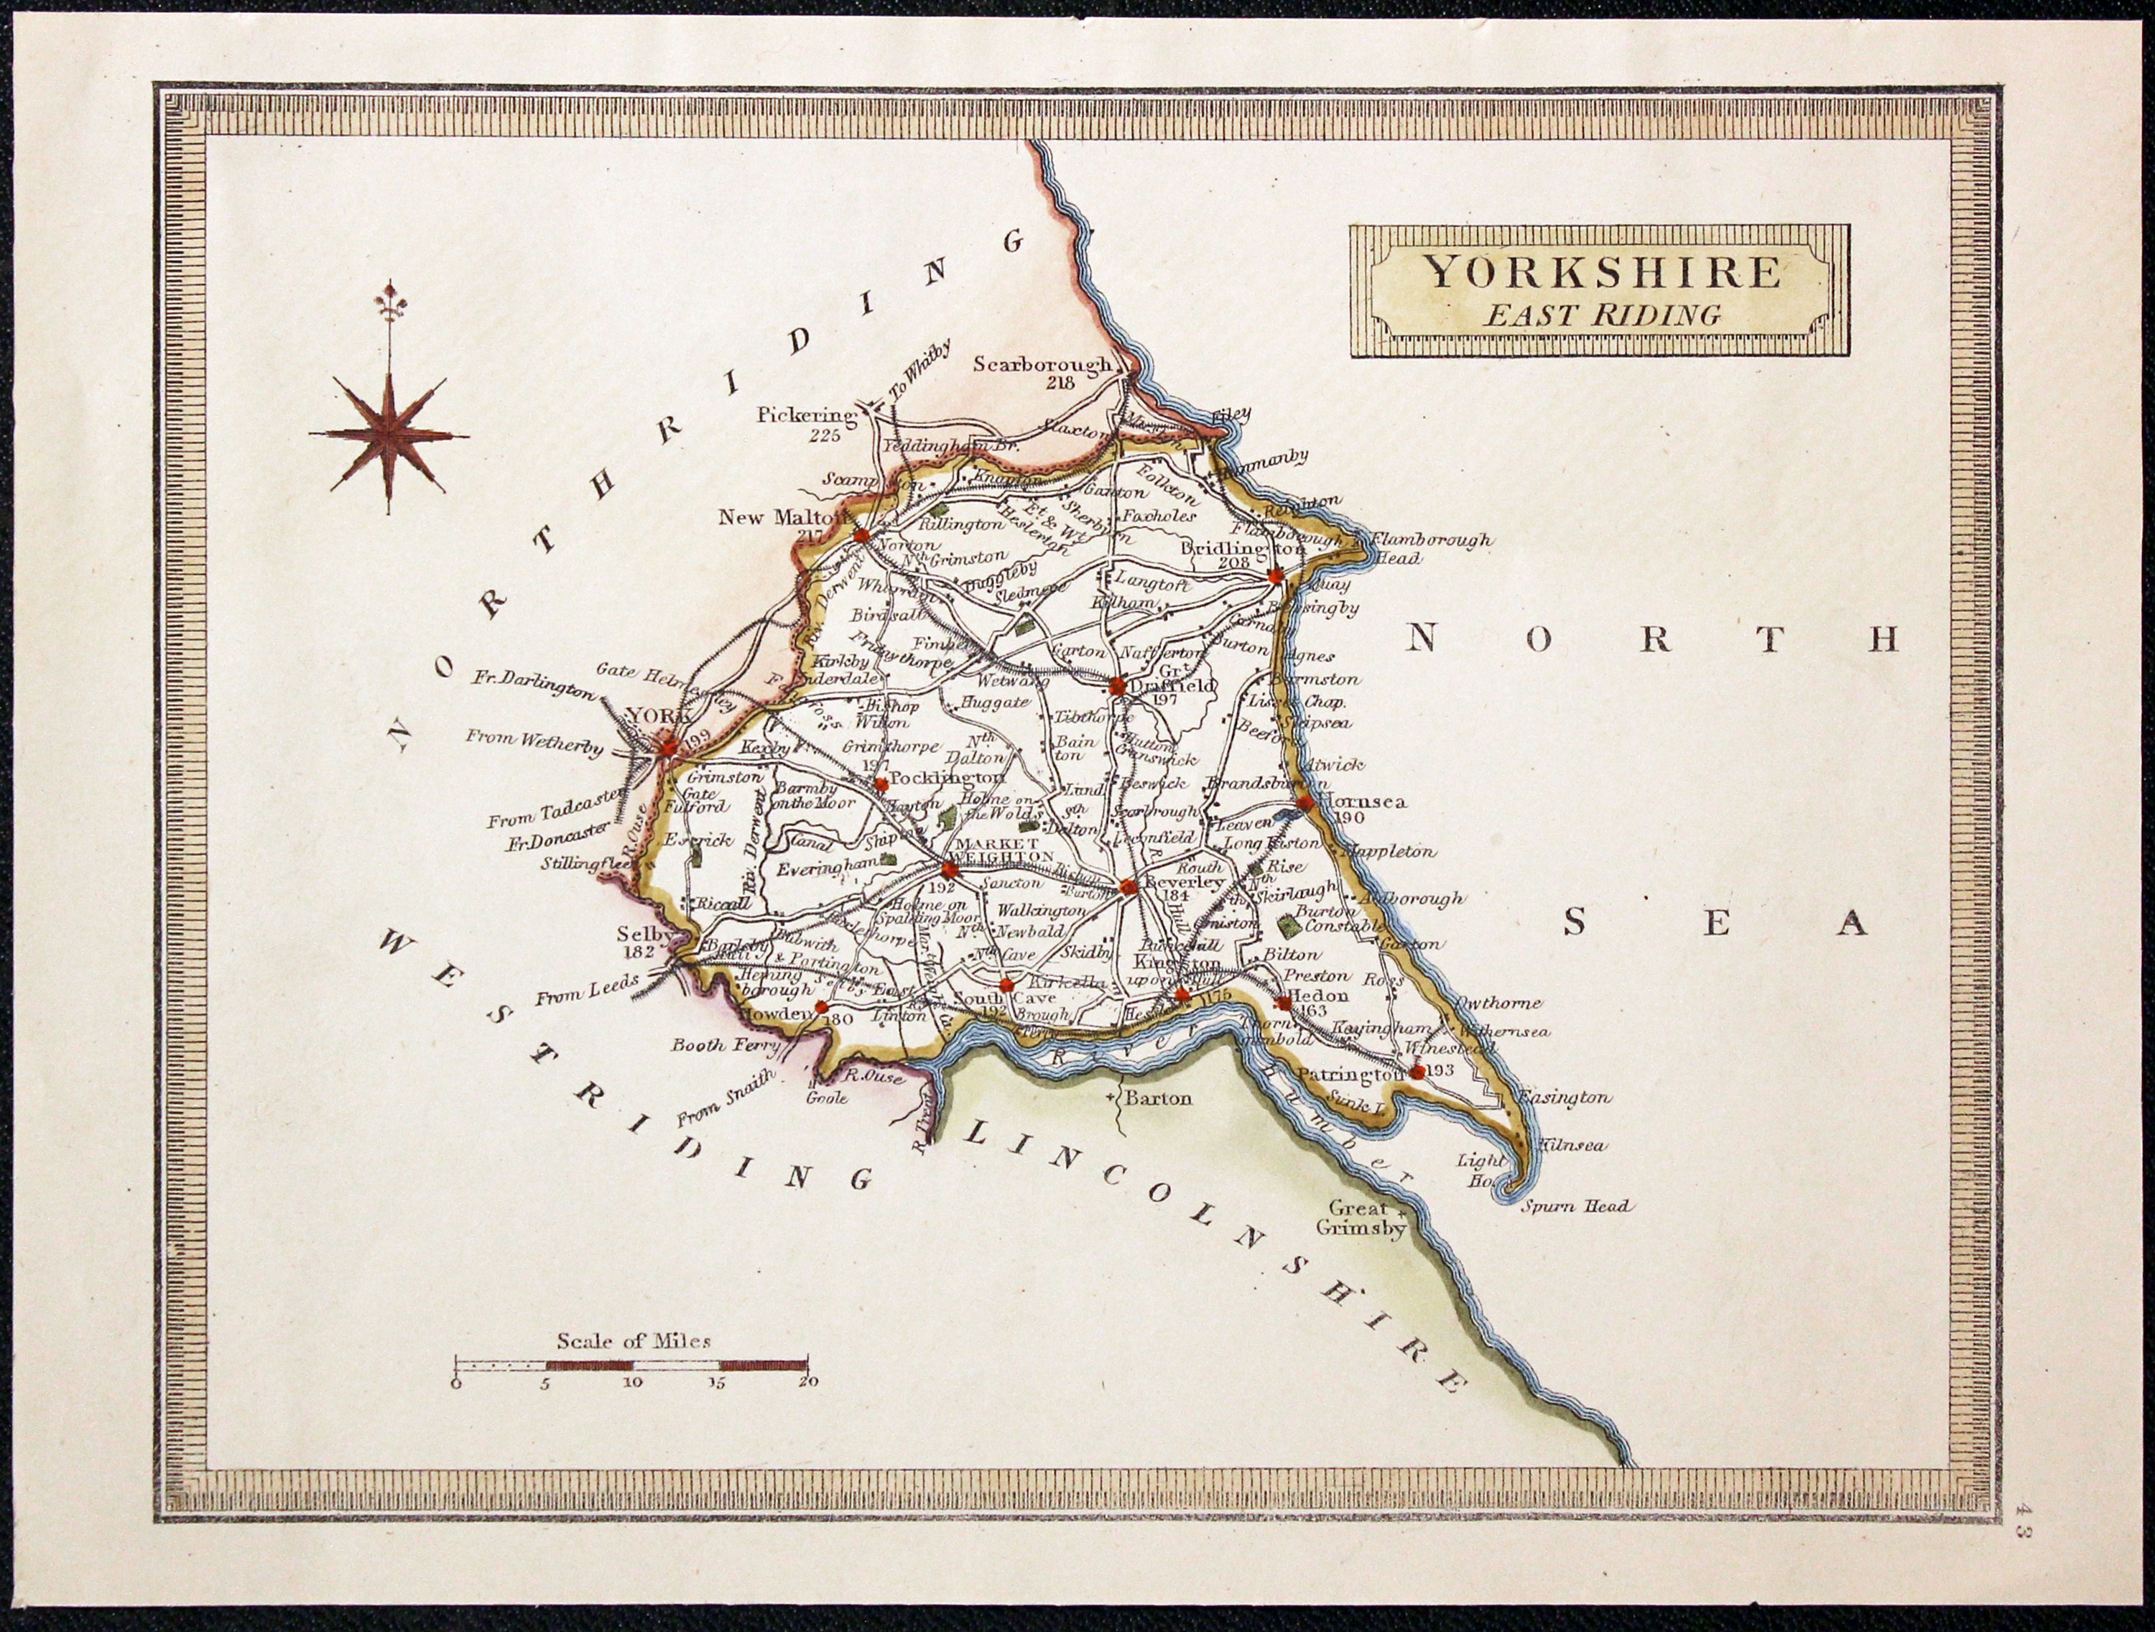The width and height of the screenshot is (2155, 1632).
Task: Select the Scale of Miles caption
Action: (x=634, y=1340)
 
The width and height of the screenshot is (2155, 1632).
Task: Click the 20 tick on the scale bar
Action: (x=807, y=1381)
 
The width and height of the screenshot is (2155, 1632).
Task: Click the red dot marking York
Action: (x=668, y=747)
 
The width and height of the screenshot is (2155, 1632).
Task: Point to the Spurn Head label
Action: (x=1575, y=1206)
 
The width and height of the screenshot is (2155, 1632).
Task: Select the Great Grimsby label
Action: (x=1360, y=1218)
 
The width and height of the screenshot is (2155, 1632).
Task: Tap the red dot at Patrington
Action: (x=1417, y=1072)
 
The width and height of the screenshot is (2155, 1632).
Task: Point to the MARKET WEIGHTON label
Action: (x=1004, y=848)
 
